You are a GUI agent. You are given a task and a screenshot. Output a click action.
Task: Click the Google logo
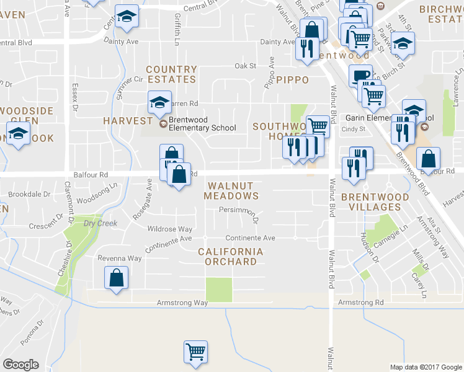click(21, 365)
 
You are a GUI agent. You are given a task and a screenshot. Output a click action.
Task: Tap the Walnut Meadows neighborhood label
click(233, 190)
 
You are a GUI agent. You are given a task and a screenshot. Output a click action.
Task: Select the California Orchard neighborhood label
click(227, 257)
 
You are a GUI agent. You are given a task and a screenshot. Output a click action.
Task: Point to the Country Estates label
click(171, 74)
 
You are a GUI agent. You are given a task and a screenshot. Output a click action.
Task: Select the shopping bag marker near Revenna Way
click(116, 277)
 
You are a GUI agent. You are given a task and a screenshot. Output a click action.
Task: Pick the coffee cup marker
click(360, 76)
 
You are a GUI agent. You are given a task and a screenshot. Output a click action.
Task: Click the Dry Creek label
click(100, 223)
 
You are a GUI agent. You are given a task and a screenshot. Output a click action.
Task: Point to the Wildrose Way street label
click(169, 229)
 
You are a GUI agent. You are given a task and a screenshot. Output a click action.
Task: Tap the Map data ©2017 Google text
click(426, 367)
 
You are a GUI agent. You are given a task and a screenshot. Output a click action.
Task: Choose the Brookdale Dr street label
click(29, 194)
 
